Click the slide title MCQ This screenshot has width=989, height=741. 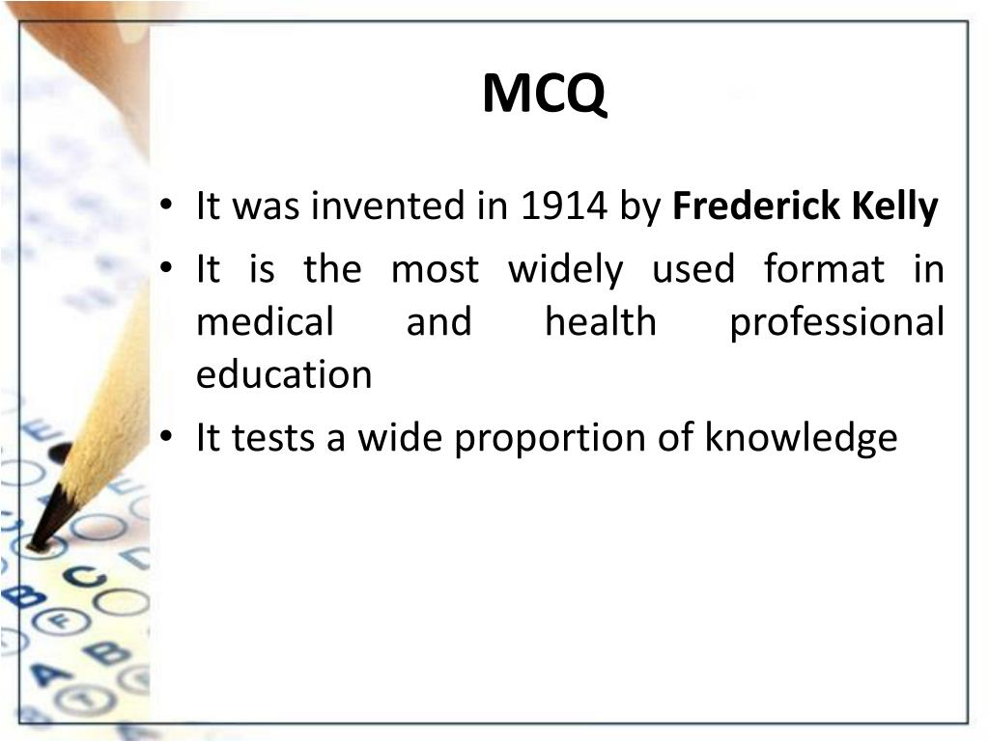click(546, 95)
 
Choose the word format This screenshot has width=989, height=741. click(823, 269)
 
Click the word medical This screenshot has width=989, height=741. click(265, 321)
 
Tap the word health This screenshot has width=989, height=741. click(600, 321)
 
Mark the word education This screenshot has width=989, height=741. click(284, 374)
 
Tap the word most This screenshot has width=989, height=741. click(435, 269)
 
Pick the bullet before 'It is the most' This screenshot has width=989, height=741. click(168, 270)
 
